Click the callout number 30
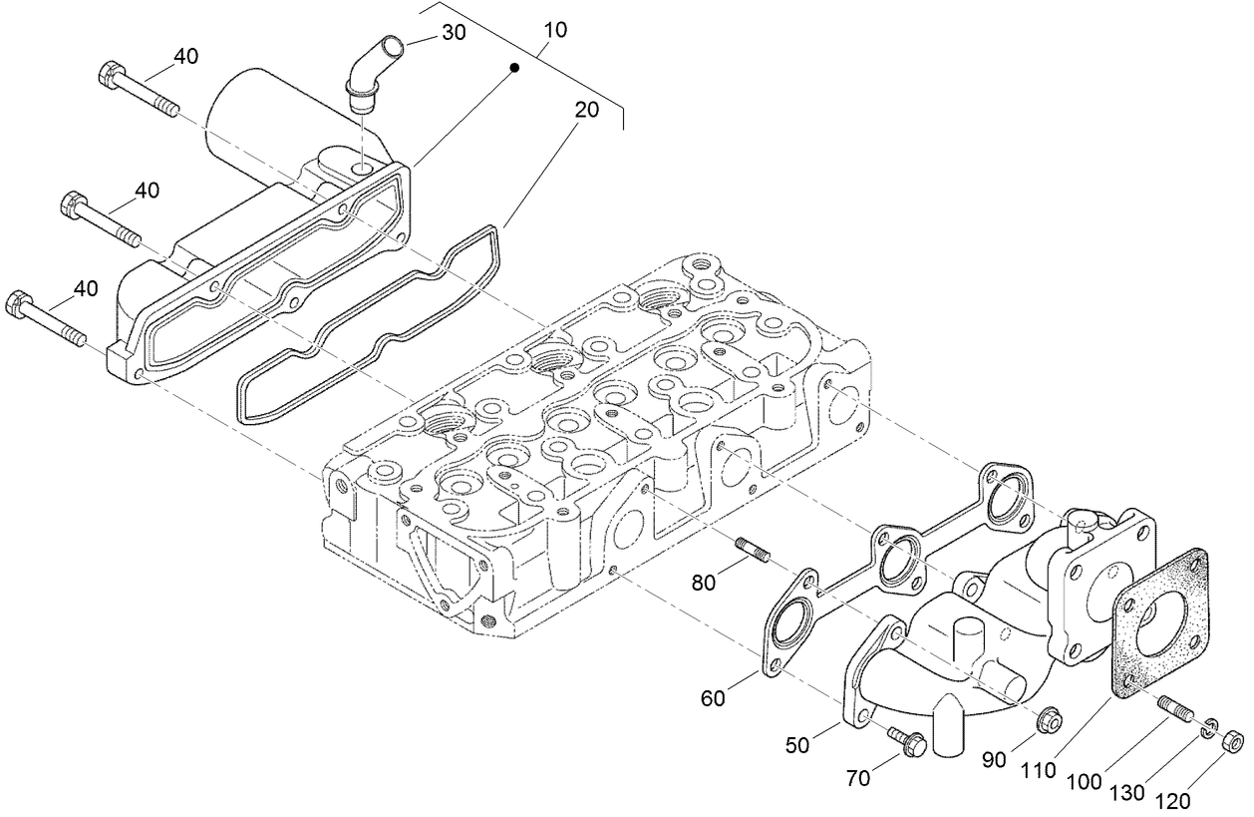point(454,32)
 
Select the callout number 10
point(555,30)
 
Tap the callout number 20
point(587,110)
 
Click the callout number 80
point(704,584)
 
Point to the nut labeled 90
point(1047,718)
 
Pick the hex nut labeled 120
point(1231,741)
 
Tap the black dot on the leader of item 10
point(514,68)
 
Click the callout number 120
point(1173,800)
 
